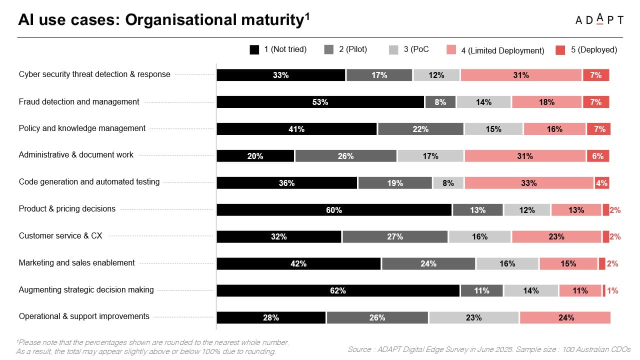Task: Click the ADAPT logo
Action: (x=599, y=20)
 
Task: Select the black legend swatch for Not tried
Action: (x=254, y=49)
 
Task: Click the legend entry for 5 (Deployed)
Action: (x=586, y=50)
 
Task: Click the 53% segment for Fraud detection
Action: (x=320, y=102)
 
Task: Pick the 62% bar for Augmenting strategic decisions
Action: (x=338, y=290)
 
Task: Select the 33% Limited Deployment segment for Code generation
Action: (x=528, y=183)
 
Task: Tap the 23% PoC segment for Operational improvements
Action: (x=473, y=317)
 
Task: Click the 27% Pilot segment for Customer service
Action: (x=395, y=236)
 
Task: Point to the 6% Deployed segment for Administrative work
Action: (x=597, y=156)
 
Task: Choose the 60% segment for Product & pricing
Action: (x=334, y=210)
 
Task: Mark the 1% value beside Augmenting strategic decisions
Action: (x=612, y=290)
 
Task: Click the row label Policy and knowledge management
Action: (x=82, y=128)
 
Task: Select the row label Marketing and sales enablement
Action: (x=76, y=263)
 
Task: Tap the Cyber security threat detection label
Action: (x=94, y=74)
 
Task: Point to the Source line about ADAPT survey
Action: (x=488, y=349)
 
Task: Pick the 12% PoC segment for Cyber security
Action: (x=436, y=75)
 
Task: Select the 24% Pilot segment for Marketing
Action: (x=428, y=263)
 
